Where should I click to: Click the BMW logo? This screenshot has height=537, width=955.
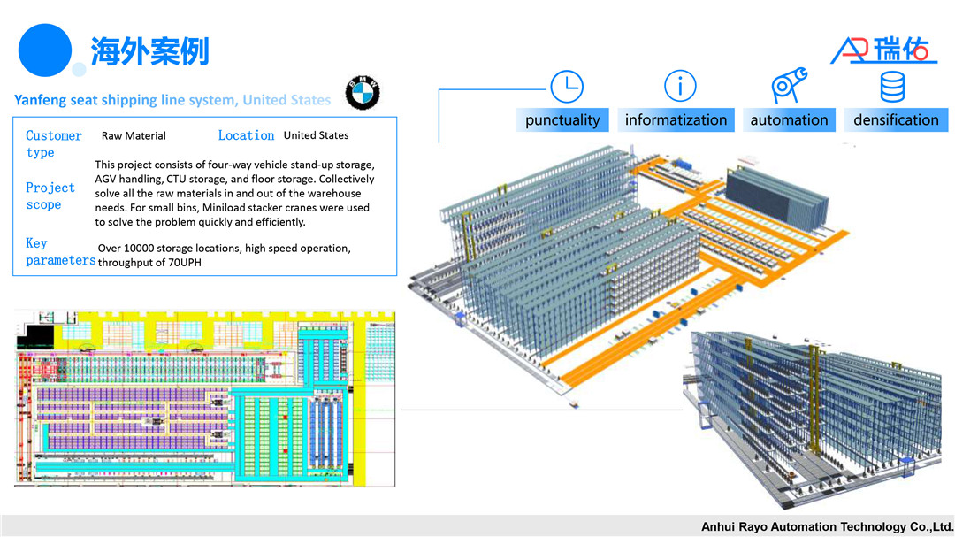point(363,92)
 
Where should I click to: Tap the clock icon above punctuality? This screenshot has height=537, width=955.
point(567,87)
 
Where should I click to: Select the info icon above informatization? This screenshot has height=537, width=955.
point(680,87)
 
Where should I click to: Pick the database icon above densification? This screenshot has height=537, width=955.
point(892,87)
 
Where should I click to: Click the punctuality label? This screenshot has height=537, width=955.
point(562,120)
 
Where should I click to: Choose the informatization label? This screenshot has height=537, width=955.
point(676,120)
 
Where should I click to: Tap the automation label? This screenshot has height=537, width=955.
point(789,120)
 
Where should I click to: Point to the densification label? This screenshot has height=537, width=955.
point(896,120)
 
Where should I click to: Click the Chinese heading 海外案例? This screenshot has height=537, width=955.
point(149,50)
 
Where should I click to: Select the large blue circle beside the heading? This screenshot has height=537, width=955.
point(44,50)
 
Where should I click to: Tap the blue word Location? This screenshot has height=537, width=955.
point(246,135)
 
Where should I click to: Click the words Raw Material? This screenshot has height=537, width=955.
point(134,136)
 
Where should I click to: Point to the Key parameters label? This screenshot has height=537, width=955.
point(58,252)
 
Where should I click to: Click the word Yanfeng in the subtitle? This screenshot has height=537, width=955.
point(40,100)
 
